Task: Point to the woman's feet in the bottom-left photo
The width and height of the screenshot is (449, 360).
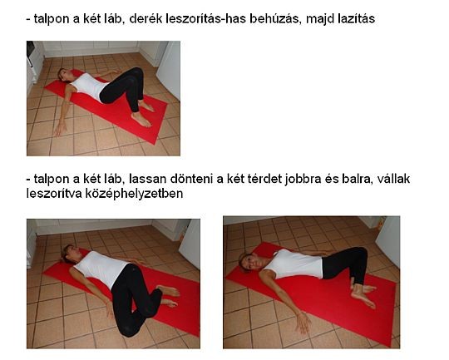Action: click(x=169, y=295)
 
